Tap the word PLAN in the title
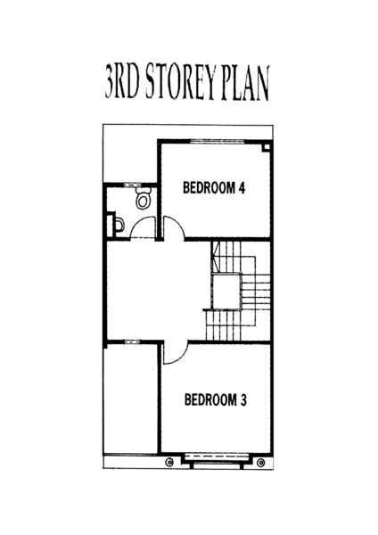[x=245, y=83]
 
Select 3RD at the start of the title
[x=122, y=81]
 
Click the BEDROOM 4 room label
[x=214, y=188]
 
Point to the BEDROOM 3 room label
[x=215, y=399]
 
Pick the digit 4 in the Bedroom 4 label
[x=242, y=188]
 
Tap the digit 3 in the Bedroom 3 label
[x=242, y=399]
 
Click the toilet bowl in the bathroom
[x=143, y=198]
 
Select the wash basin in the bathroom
[x=119, y=225]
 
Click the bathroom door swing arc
[x=136, y=222]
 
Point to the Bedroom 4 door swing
[x=178, y=224]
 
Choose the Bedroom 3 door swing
[x=181, y=358]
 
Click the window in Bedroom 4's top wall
[x=218, y=141]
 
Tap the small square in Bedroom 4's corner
[x=267, y=147]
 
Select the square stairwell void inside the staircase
[x=226, y=291]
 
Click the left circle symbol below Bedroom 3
[x=169, y=462]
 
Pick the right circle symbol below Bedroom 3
[x=261, y=463]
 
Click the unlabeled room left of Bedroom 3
[x=131, y=399]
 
